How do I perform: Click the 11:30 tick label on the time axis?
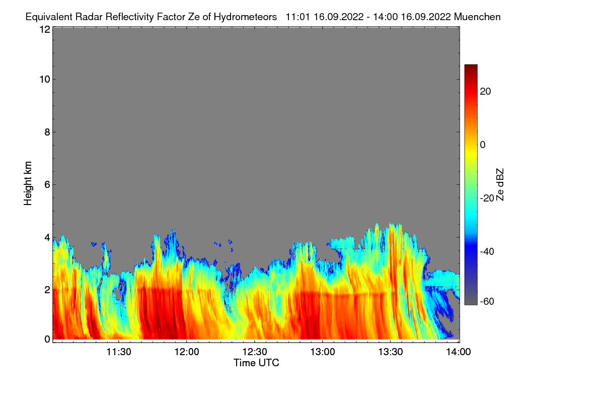pyautogui.click(x=119, y=352)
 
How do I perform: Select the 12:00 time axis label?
pyautogui.click(x=187, y=352)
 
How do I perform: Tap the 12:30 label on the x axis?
pyautogui.click(x=255, y=352)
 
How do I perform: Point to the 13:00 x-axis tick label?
pyautogui.click(x=323, y=352)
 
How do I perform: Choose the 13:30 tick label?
pyautogui.click(x=391, y=352)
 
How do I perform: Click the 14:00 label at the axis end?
pyautogui.click(x=459, y=352)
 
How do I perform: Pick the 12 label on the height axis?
pyautogui.click(x=45, y=29)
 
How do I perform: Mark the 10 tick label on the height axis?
pyautogui.click(x=45, y=80)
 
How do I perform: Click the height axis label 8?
pyautogui.click(x=47, y=132)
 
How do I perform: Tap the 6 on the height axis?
pyautogui.click(x=47, y=185)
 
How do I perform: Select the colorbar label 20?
pyautogui.click(x=485, y=92)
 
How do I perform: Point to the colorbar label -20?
pyautogui.click(x=487, y=198)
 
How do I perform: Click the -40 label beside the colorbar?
pyautogui.click(x=487, y=251)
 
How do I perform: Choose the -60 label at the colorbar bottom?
pyautogui.click(x=487, y=301)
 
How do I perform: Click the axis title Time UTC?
pyautogui.click(x=256, y=363)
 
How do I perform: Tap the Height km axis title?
pyautogui.click(x=28, y=183)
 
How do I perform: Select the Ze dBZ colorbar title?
pyautogui.click(x=500, y=185)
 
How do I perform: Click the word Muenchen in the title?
pyautogui.click(x=477, y=17)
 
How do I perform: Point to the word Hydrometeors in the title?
pyautogui.click(x=246, y=17)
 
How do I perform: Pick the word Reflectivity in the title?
pyautogui.click(x=130, y=17)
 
